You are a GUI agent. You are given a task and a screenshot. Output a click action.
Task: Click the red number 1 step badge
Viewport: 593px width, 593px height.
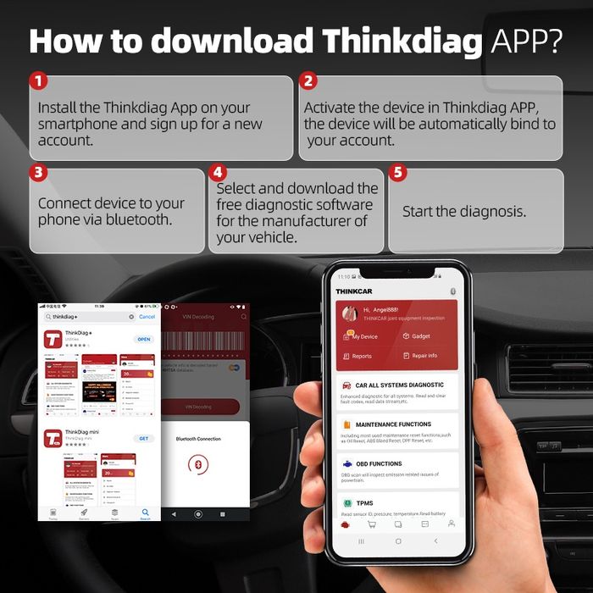click(37, 82)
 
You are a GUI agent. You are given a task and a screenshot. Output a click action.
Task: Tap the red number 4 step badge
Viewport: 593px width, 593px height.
click(219, 173)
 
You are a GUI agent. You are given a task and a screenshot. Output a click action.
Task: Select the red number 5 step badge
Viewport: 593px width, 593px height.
click(397, 173)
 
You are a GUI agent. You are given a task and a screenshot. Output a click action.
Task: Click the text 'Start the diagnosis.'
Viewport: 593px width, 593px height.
click(464, 211)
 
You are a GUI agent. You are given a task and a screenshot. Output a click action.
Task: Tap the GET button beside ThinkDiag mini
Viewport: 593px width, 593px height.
click(144, 438)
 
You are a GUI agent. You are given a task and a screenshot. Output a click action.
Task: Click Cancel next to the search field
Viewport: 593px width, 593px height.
click(147, 317)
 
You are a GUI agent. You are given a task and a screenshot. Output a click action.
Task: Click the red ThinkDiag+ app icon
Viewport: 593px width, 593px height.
click(53, 340)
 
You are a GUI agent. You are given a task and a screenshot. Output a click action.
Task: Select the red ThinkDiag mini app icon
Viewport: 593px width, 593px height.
click(53, 439)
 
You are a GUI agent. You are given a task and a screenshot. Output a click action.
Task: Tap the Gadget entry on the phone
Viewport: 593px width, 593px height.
click(420, 336)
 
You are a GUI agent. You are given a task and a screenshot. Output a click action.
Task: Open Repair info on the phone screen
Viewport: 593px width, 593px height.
click(424, 356)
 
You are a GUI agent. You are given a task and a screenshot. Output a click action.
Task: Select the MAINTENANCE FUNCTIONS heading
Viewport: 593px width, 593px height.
click(392, 424)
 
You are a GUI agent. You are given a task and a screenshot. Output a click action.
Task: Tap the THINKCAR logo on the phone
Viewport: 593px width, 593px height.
click(353, 291)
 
